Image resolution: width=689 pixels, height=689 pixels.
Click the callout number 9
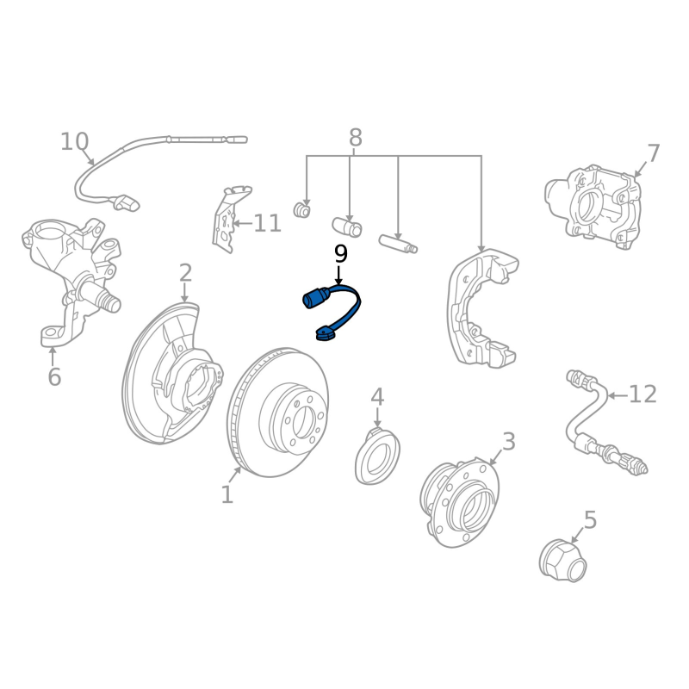coord(341,254)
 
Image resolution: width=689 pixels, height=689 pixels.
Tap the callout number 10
coord(75,141)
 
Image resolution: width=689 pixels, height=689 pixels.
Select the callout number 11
coord(267,223)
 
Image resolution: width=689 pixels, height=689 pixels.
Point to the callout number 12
coord(642,394)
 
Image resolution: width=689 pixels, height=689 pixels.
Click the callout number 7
coord(654,153)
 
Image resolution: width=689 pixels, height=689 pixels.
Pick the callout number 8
coord(356,138)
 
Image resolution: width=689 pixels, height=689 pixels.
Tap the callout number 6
coord(54,377)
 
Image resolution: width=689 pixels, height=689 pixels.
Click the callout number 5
coord(590,520)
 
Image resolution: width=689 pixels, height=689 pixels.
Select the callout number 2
coord(185,273)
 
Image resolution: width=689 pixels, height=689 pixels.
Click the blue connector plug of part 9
coord(315,297)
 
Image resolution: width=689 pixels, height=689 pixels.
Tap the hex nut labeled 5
coord(563,562)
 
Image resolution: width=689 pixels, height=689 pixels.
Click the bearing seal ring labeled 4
coord(377,456)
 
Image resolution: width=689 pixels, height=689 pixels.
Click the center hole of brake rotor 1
coord(303,423)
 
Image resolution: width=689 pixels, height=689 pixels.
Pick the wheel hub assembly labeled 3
coord(460,503)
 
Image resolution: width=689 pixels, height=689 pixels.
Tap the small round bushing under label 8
coord(302,209)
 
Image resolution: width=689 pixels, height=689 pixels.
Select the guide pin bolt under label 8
coord(398,245)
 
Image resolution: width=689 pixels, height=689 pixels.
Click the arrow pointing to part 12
coord(618,396)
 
